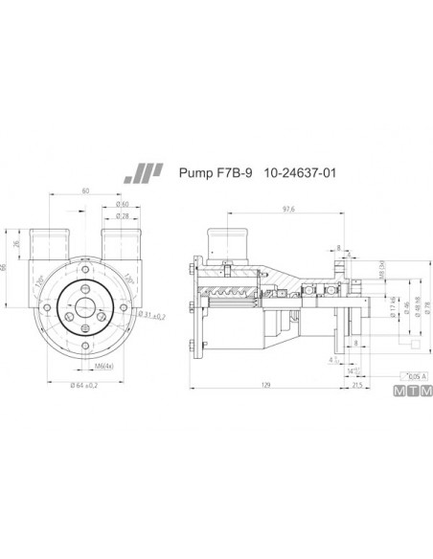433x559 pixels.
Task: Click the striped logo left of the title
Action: [x=144, y=174]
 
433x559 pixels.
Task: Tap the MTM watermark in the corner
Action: [x=413, y=392]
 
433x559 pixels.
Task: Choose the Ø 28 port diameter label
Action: [x=122, y=217]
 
